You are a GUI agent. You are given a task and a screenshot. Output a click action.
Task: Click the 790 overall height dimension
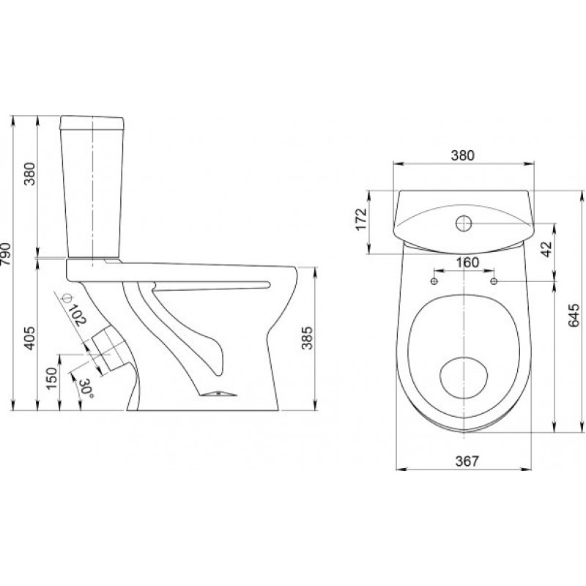click(x=6, y=254)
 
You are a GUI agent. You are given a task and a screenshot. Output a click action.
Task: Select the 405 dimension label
click(x=30, y=338)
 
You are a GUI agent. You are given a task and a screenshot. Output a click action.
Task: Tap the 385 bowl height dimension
click(x=307, y=338)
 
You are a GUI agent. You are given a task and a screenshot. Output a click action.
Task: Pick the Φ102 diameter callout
click(x=75, y=309)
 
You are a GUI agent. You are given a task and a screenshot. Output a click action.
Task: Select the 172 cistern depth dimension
click(x=361, y=219)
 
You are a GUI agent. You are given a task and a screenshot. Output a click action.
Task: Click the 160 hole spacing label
click(x=467, y=262)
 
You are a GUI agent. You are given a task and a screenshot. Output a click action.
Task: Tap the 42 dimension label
click(x=546, y=249)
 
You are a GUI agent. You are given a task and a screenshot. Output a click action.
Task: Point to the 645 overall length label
click(x=574, y=315)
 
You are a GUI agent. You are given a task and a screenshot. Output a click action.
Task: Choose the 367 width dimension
click(x=467, y=461)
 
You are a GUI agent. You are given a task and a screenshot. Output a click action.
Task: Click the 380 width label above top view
click(x=462, y=155)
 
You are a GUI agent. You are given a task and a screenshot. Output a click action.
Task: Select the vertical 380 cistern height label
click(x=30, y=174)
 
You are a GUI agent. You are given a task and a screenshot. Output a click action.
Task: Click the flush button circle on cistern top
click(x=464, y=223)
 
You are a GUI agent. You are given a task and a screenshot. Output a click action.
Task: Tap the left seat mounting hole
click(x=434, y=281)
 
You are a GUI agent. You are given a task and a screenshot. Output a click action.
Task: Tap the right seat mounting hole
click(x=494, y=281)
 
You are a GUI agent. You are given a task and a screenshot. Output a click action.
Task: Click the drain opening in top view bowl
click(x=464, y=378)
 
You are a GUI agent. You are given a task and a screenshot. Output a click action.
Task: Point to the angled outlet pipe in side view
click(x=109, y=349)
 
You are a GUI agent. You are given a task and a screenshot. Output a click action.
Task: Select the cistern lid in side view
click(x=92, y=122)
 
